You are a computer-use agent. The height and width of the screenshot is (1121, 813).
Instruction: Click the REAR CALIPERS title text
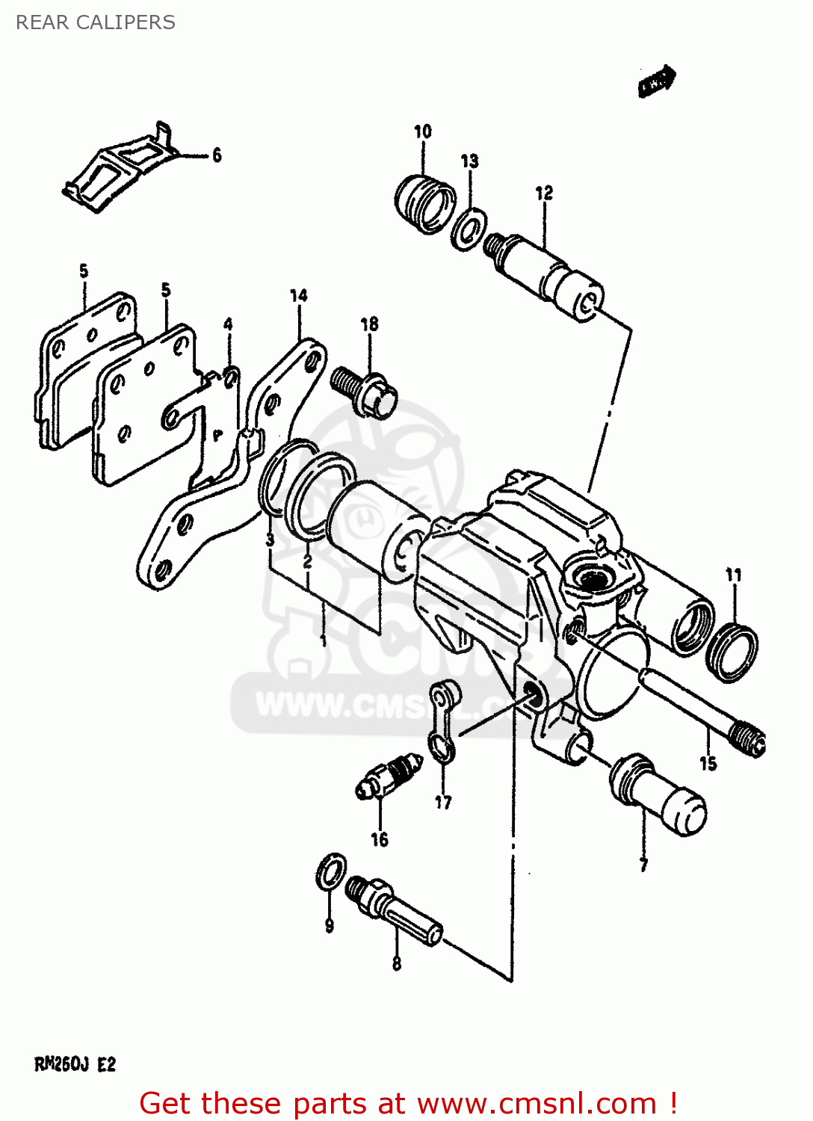pyautogui.click(x=96, y=22)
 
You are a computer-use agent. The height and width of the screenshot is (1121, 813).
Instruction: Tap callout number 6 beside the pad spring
pyautogui.click(x=217, y=155)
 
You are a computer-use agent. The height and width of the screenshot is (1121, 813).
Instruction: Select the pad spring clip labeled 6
pyautogui.click(x=120, y=168)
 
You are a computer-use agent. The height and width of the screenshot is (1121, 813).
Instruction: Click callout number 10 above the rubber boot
pyautogui.click(x=423, y=132)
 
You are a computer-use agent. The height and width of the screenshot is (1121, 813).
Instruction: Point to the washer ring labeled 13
pyautogui.click(x=469, y=227)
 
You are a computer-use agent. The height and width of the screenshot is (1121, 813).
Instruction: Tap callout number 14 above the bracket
pyautogui.click(x=299, y=296)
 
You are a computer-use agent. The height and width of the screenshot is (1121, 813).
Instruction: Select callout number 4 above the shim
pyautogui.click(x=228, y=324)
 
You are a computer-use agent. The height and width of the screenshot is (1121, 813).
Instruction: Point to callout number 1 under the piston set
pyautogui.click(x=323, y=640)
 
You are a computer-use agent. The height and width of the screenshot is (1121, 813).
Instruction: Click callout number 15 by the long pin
pyautogui.click(x=708, y=763)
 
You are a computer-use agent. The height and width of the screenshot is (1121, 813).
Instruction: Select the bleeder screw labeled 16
pyautogui.click(x=389, y=777)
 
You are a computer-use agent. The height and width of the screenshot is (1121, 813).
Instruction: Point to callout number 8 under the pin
pyautogui.click(x=397, y=964)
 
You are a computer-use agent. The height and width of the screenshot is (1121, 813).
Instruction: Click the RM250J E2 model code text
pyautogui.click(x=75, y=1064)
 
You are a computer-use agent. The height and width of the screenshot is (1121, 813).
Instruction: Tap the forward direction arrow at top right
pyautogui.click(x=657, y=81)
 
